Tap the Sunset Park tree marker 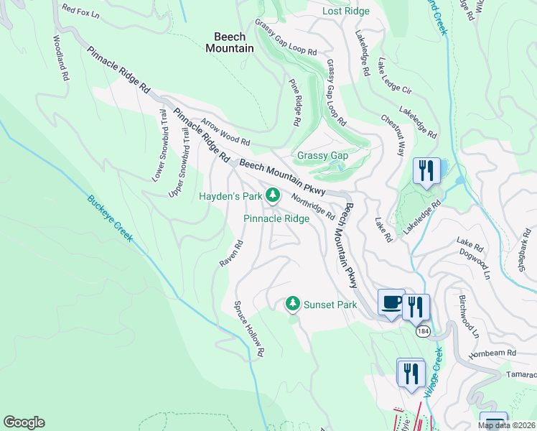[x=292, y=305]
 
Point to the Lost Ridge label [x=345, y=11]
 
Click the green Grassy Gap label [x=322, y=155]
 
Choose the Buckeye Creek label [x=111, y=218]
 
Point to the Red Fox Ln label [x=80, y=9]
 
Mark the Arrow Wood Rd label [x=225, y=131]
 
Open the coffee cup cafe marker [x=391, y=302]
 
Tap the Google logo [x=24, y=422]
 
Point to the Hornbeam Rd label [x=492, y=353]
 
